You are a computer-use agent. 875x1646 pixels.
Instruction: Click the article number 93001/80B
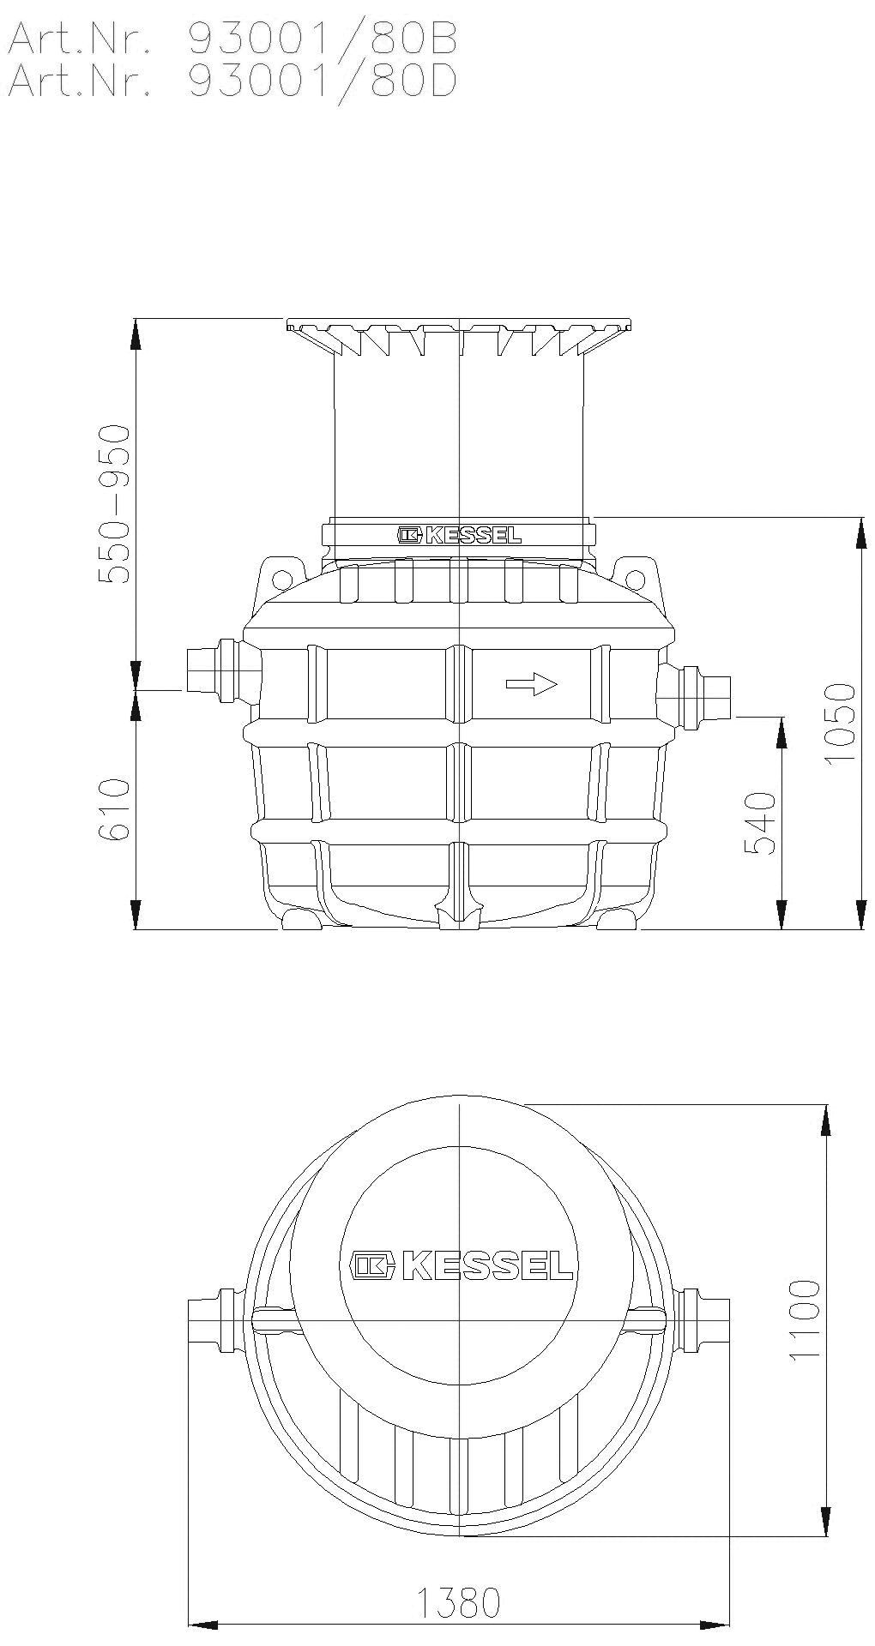(x=323, y=39)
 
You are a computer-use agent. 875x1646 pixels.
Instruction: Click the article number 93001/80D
(x=323, y=81)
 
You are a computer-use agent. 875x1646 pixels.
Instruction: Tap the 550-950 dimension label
(x=113, y=504)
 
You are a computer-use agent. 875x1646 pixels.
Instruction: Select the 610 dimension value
(x=113, y=809)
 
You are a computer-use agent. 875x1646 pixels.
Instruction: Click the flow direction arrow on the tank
(x=532, y=684)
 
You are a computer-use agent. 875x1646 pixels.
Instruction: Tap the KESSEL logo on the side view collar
(x=459, y=536)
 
